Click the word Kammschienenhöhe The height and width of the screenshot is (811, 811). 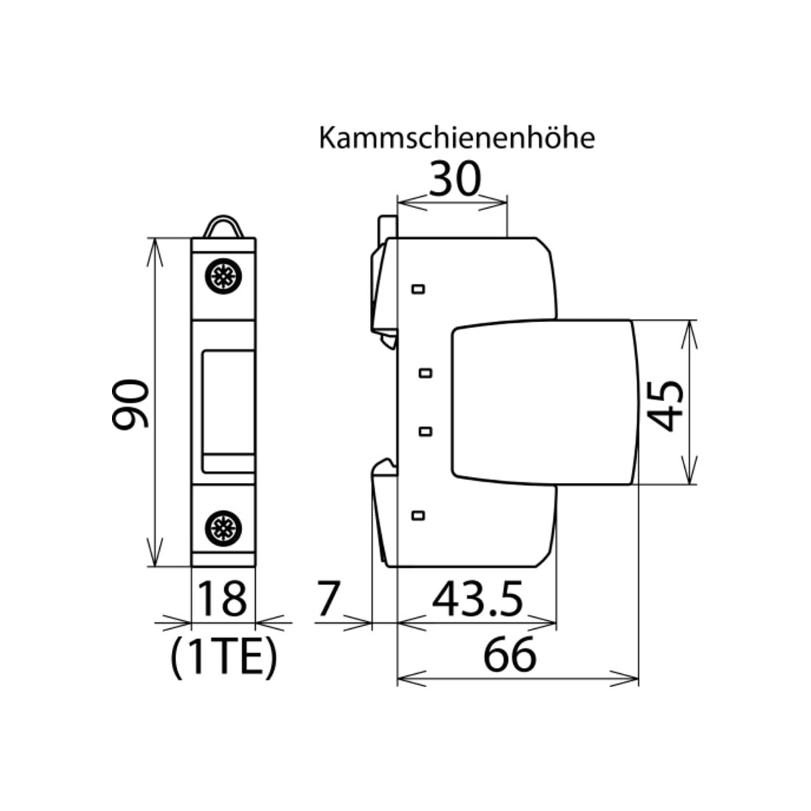click(456, 138)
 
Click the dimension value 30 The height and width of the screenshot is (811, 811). click(455, 179)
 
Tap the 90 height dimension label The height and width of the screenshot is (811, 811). click(130, 403)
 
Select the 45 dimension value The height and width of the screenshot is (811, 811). click(665, 406)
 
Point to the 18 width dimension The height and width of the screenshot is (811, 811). click(222, 599)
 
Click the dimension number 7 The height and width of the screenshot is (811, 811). click(328, 599)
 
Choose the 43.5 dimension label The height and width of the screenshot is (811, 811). click(478, 599)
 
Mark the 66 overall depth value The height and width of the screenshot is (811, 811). click(509, 655)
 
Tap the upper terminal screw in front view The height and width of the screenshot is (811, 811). click(223, 276)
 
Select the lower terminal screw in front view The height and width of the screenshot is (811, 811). click(223, 528)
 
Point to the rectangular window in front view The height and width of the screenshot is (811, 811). click(228, 411)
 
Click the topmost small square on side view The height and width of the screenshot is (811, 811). click(419, 288)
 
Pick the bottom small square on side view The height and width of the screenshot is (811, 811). click(418, 515)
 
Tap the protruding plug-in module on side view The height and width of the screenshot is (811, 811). click(544, 403)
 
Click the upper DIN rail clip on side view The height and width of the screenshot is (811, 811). click(384, 279)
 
